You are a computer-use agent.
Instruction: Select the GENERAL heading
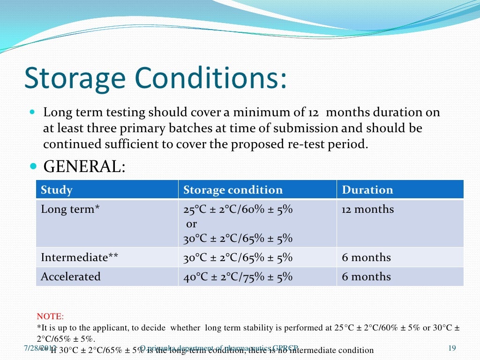point(84,166)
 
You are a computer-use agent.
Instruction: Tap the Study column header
point(57,190)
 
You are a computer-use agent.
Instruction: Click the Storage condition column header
point(233,190)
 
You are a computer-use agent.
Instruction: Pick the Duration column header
point(367,190)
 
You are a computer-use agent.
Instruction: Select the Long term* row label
point(70,210)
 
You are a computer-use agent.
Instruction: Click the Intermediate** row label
point(80,257)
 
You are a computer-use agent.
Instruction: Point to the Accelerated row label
point(71,277)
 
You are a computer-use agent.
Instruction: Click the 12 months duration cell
point(368,210)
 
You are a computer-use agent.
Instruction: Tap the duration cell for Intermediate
point(366,257)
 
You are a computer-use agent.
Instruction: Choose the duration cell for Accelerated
point(366,277)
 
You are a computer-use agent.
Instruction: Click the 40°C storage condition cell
point(238,277)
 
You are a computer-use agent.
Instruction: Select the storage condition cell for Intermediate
point(238,257)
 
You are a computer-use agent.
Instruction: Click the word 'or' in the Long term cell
point(191,224)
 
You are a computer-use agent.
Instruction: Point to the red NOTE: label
point(50,316)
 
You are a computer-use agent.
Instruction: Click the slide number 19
point(452,347)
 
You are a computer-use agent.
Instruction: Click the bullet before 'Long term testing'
point(32,113)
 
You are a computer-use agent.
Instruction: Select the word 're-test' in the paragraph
point(300,144)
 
